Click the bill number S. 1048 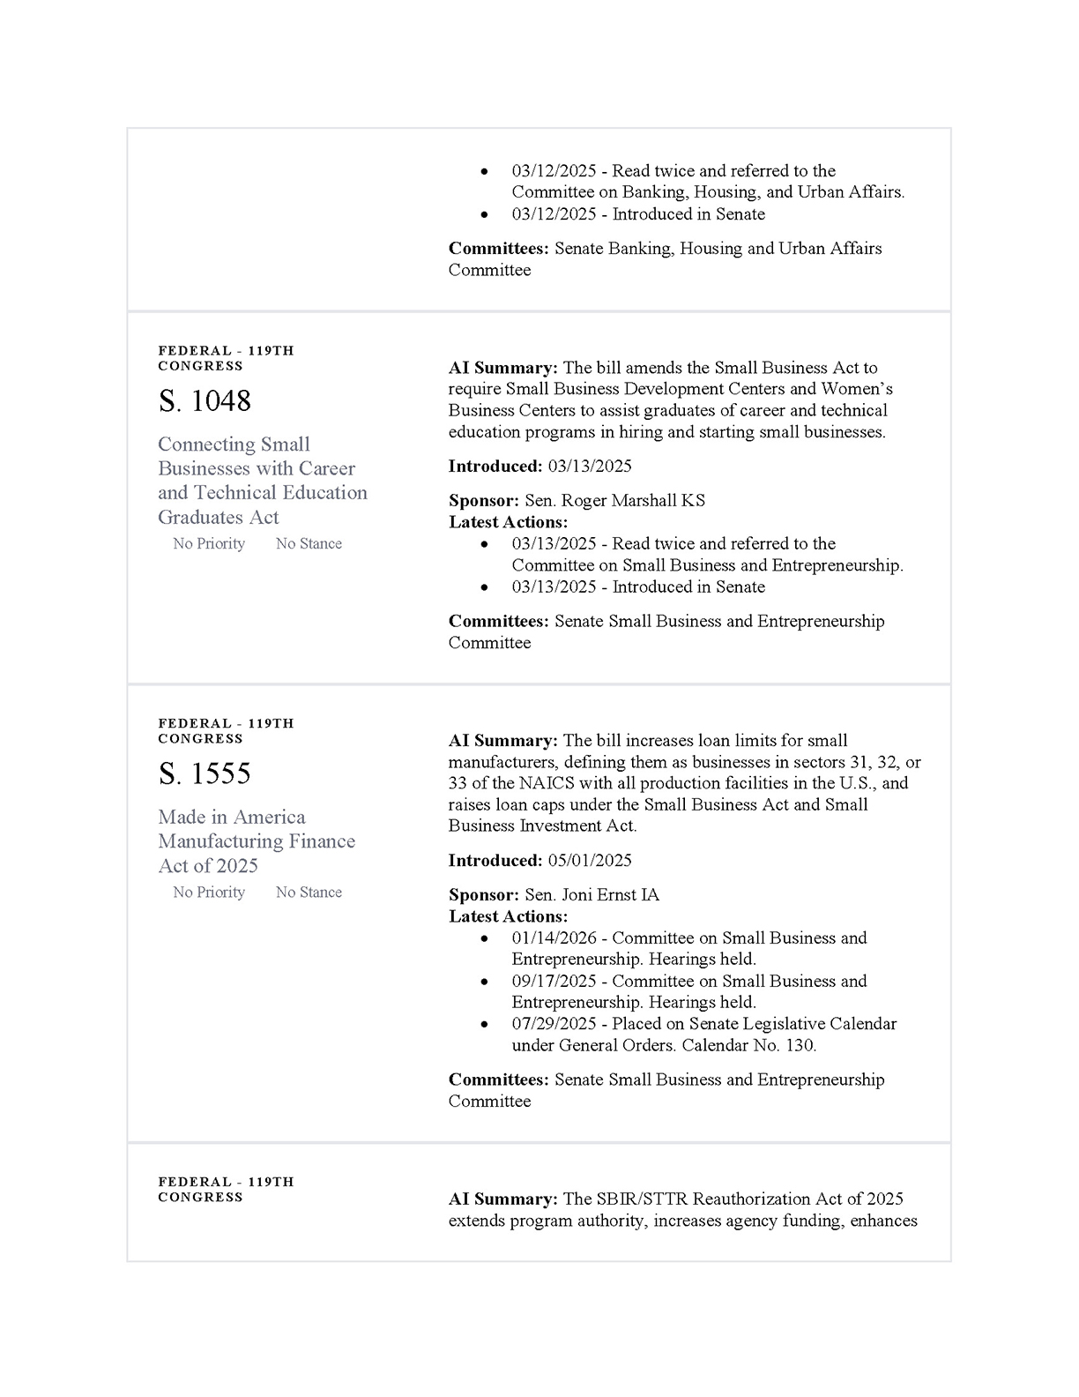click(205, 401)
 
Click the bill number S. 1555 click(205, 774)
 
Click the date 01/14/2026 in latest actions click(554, 938)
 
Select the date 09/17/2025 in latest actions click(554, 982)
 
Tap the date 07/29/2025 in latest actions click(554, 1025)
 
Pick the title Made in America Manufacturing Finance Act click(257, 841)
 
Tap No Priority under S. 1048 click(209, 544)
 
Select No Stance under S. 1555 click(309, 893)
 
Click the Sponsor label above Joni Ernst click(483, 895)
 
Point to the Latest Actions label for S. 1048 click(508, 522)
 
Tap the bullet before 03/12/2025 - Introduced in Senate click(485, 214)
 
